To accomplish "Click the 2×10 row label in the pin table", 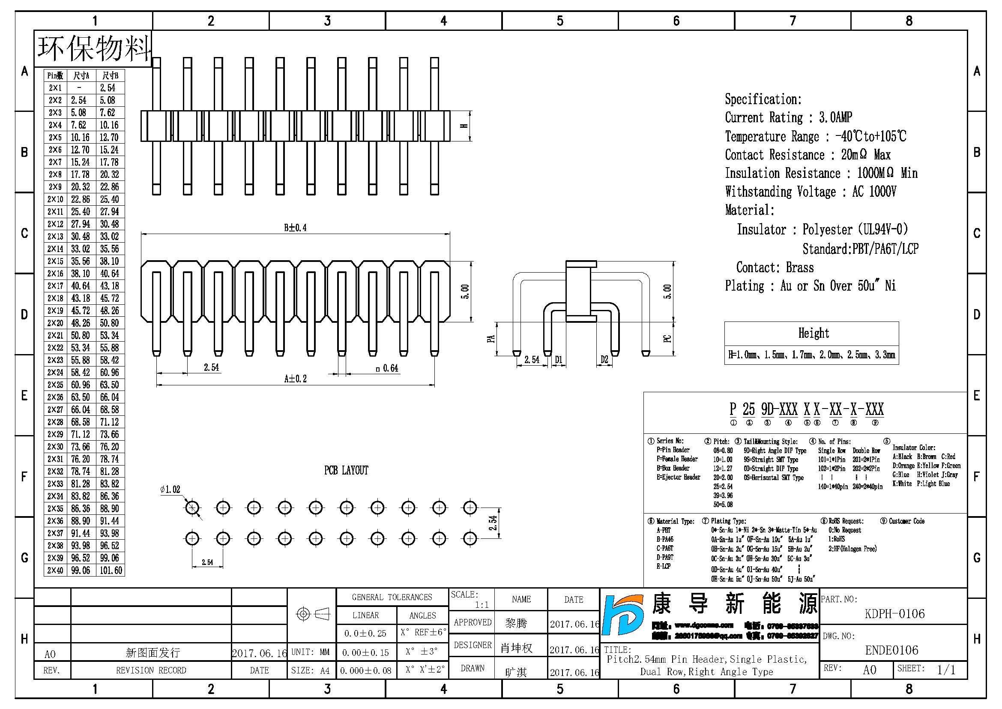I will [x=55, y=199].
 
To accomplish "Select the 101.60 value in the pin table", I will [x=111, y=571].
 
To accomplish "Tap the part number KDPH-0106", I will [x=894, y=614].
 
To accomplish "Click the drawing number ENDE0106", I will [x=891, y=650].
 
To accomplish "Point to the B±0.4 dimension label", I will [x=295, y=228].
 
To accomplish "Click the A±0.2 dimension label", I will [x=295, y=379].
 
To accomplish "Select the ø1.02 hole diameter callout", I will [x=170, y=490].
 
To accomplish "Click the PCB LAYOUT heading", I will [x=346, y=470].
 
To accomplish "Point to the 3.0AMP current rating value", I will [x=835, y=117].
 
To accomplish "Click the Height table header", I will [x=814, y=333].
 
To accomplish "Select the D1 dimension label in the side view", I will [x=559, y=360].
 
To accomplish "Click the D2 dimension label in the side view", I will [x=604, y=360].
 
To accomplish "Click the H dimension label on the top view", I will [x=464, y=126].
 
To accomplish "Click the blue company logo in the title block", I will [x=624, y=615].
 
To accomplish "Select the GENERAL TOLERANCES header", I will [x=392, y=597].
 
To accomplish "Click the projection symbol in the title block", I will [x=312, y=614].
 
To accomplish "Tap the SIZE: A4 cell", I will [x=310, y=670].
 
